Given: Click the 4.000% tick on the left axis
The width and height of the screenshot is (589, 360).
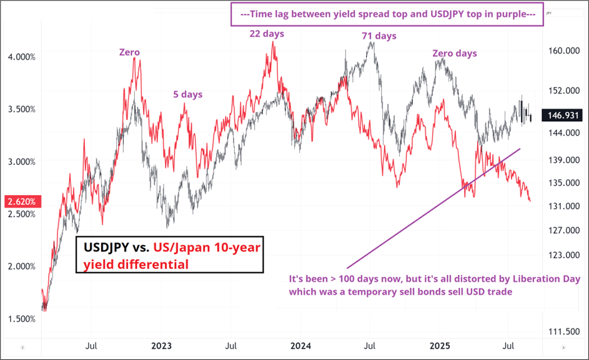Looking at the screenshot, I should [x=21, y=57].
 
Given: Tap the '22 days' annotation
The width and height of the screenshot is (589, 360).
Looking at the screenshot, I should [x=267, y=33].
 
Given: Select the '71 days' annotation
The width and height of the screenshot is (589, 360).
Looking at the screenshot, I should [x=379, y=36].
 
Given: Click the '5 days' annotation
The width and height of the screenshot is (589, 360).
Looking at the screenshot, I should [x=187, y=94].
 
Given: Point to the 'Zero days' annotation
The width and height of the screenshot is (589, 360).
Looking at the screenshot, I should [x=454, y=53].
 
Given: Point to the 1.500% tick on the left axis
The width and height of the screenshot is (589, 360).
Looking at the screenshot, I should [x=21, y=319].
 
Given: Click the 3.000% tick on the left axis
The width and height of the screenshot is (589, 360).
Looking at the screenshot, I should [x=21, y=161].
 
